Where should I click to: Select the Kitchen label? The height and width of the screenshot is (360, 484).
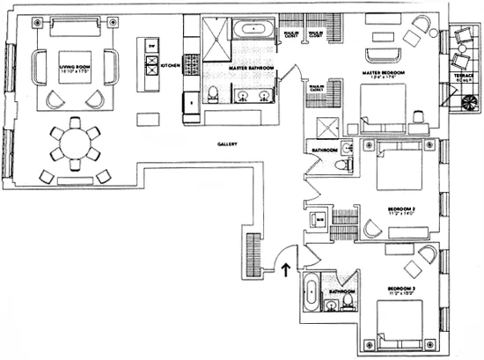point(170,64)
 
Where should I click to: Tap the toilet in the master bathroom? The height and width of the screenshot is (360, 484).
point(213,95)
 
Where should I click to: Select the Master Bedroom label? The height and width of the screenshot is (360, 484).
point(384,76)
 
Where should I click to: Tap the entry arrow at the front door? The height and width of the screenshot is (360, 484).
point(288,268)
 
